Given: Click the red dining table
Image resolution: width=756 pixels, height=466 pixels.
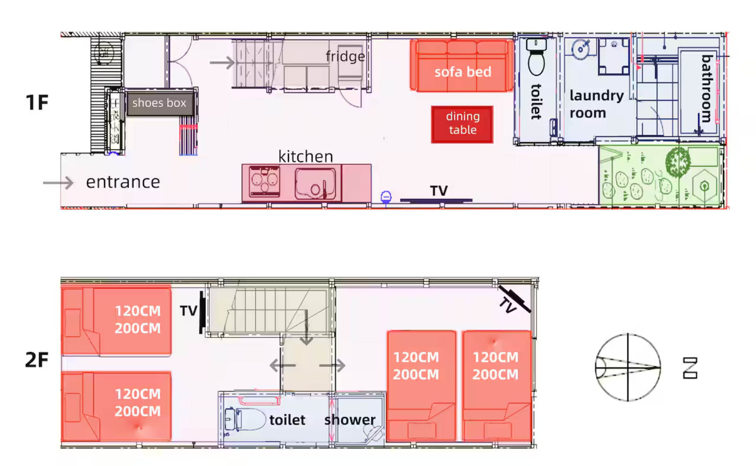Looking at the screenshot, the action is [x=462, y=124].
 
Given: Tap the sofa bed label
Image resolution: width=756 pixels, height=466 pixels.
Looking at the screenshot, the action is [x=463, y=72].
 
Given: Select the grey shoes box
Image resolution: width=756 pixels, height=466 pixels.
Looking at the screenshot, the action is [x=160, y=103].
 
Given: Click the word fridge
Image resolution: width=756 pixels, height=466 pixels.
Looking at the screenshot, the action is [x=345, y=56].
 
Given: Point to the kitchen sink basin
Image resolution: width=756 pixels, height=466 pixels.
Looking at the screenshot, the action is [x=315, y=183].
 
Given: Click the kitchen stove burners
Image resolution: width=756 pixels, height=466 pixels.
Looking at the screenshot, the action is [x=264, y=181].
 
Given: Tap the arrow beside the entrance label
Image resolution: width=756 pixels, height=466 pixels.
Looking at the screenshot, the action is [x=58, y=182].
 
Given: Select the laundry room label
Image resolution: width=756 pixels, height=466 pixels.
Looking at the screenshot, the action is [x=596, y=104].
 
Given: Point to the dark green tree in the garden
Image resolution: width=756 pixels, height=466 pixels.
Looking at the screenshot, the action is [x=678, y=162].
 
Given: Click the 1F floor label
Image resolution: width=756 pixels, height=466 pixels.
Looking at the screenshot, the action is [x=37, y=102].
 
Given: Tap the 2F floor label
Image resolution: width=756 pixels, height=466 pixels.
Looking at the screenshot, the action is [x=37, y=359].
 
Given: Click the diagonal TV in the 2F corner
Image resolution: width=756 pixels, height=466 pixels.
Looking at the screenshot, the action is [x=515, y=299].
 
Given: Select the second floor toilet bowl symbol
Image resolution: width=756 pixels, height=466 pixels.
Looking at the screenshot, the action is [x=245, y=419].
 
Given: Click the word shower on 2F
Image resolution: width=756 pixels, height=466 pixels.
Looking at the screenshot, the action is [x=350, y=420].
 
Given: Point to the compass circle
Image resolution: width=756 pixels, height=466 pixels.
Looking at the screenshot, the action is [x=628, y=367].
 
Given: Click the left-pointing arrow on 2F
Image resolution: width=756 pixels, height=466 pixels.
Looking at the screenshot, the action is [x=283, y=365].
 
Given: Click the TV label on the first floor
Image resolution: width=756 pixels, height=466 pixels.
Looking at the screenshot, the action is [x=439, y=191].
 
